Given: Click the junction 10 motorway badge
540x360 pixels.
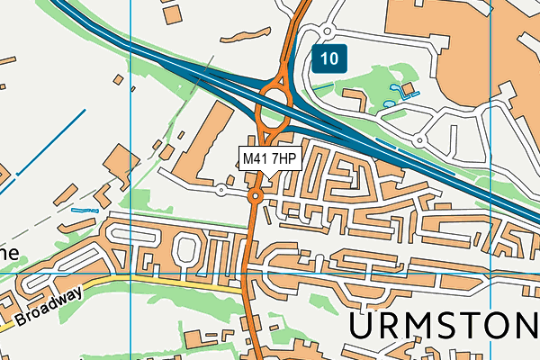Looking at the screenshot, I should click(x=329, y=59).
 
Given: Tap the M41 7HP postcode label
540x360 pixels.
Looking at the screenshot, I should click(x=269, y=159).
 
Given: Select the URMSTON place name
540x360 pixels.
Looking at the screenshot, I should click(x=443, y=326).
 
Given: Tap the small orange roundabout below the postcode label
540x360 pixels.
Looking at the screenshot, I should click(x=256, y=195).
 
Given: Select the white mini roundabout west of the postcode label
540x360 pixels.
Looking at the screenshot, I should click(x=221, y=189).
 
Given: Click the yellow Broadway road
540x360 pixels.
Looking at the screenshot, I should click(x=135, y=281).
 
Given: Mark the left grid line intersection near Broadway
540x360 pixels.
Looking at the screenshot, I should click(x=131, y=270).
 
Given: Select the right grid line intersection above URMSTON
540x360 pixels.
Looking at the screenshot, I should click(x=491, y=270).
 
